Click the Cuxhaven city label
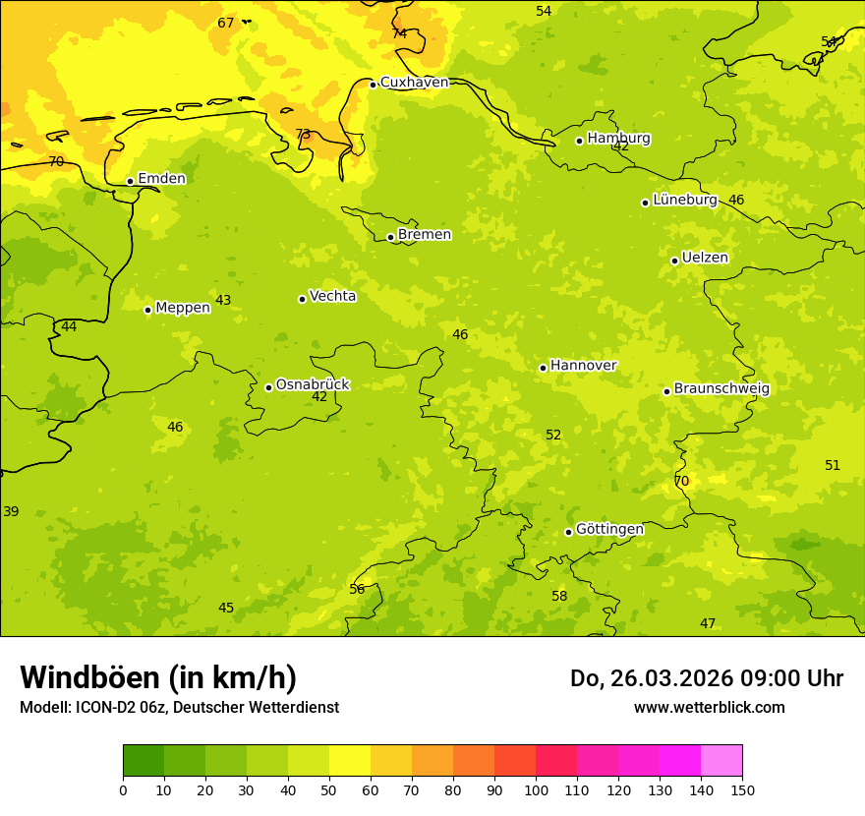[414, 83]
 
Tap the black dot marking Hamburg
[579, 141]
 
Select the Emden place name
[161, 179]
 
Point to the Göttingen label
[609, 530]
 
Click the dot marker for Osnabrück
[268, 387]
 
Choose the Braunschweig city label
[721, 389]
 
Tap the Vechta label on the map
[332, 296]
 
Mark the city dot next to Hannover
[543, 368]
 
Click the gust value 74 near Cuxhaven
[399, 33]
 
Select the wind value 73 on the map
[303, 135]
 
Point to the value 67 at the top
[226, 23]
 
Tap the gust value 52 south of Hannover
[553, 436]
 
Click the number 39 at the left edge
[11, 512]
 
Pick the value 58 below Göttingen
[559, 597]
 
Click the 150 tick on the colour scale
[742, 789]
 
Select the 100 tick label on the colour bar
[536, 789]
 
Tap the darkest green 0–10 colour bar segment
[144, 761]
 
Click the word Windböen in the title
[89, 677]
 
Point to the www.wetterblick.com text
[709, 707]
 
